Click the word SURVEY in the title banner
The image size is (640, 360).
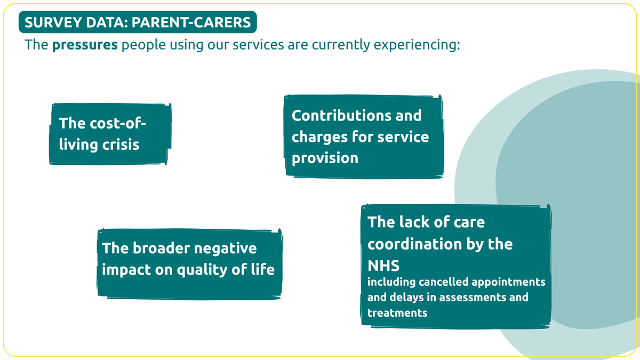[53, 22]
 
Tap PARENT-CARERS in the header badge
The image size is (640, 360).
[191, 22]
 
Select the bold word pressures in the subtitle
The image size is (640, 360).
[85, 45]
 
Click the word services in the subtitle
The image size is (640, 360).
[258, 45]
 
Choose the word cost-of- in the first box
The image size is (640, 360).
[118, 123]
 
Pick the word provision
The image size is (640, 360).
[325, 158]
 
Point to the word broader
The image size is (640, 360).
[161, 248]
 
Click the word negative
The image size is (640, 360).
[225, 249]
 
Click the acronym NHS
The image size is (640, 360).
[383, 266]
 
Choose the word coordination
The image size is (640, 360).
[414, 244]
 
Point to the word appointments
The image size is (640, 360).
[509, 283]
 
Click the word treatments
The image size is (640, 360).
[397, 313]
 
